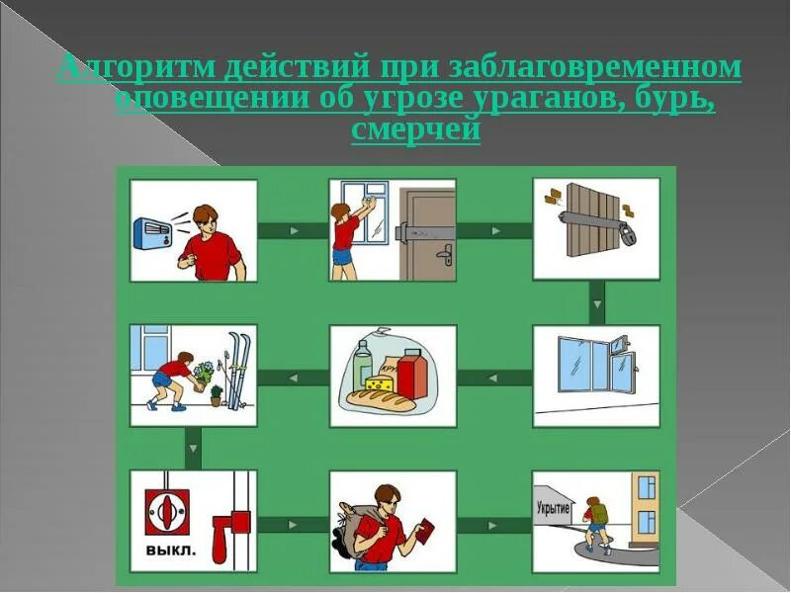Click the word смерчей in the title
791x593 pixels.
tap(415, 131)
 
